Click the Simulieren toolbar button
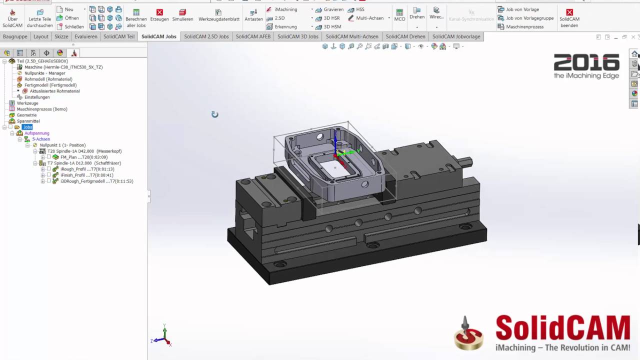pos(182,14)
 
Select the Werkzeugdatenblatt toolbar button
pos(218,14)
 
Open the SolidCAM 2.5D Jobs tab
pos(206,36)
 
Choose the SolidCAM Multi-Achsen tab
pos(352,36)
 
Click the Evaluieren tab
pos(85,36)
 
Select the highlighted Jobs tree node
pos(27,127)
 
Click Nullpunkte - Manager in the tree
pos(44,73)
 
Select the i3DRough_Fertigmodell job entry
pos(96,181)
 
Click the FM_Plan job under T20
pos(83,157)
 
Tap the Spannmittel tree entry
pos(28,121)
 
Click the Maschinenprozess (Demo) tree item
pos(41,109)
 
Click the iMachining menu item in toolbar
pos(285,9)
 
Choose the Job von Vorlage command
pos(522,9)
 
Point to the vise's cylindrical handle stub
pos(465,161)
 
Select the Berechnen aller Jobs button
pos(136,18)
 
